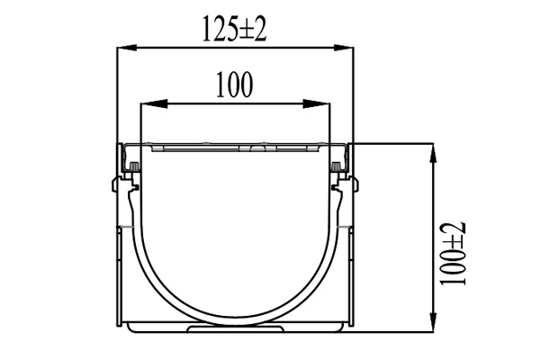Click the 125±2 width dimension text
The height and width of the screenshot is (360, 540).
pos(236,30)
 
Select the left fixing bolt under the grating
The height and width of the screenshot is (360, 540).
pos(131,167)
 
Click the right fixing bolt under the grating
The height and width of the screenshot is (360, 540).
pos(337,167)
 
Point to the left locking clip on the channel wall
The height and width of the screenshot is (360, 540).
pos(116,188)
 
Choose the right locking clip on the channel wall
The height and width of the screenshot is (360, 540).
pos(354,188)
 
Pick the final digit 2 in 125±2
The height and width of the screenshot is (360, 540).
pos(261,30)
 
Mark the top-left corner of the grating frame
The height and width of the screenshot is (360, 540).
pos(118,144)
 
